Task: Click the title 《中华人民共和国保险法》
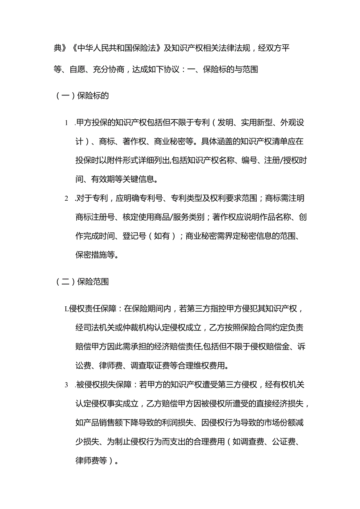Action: pyautogui.click(x=114, y=49)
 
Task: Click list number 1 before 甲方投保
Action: pyautogui.click(x=66, y=123)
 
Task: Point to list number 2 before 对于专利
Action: pyautogui.click(x=66, y=199)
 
